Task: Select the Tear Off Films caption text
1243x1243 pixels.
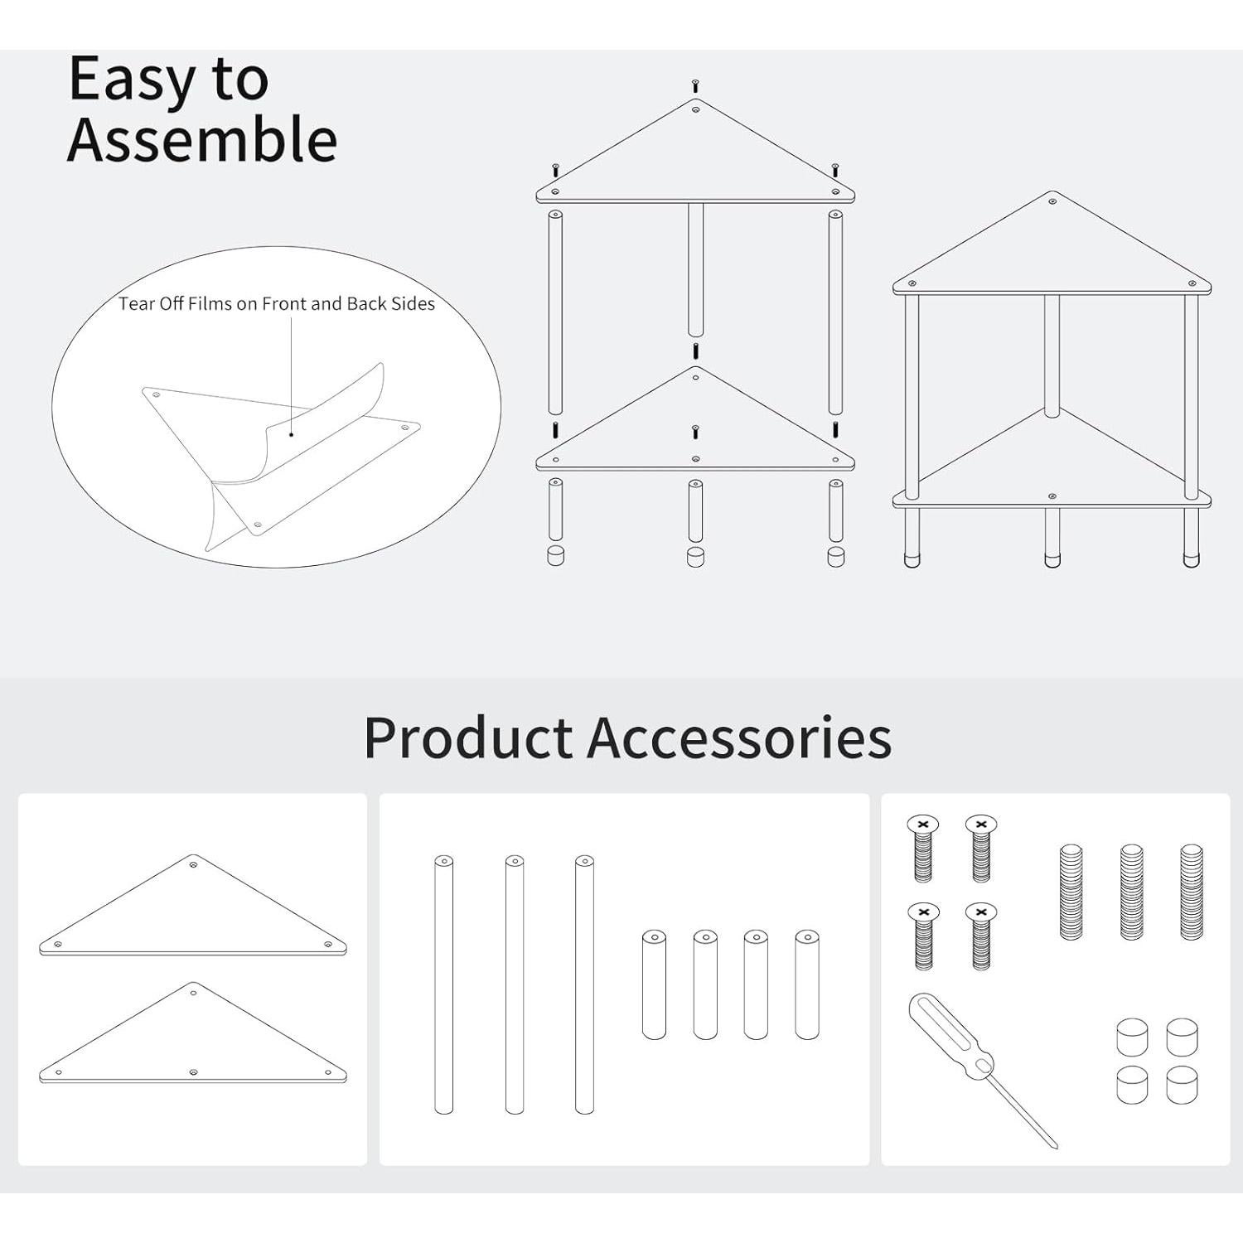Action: (276, 303)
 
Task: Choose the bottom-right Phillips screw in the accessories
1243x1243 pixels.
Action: (981, 936)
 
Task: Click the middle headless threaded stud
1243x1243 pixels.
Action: (1132, 892)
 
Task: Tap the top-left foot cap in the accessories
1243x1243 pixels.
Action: (1132, 1037)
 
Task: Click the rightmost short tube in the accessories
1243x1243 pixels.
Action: (807, 984)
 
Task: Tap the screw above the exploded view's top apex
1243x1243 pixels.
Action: (695, 85)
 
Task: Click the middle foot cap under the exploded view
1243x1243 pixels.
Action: (695, 555)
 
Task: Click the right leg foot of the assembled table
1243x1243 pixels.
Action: (1192, 559)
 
